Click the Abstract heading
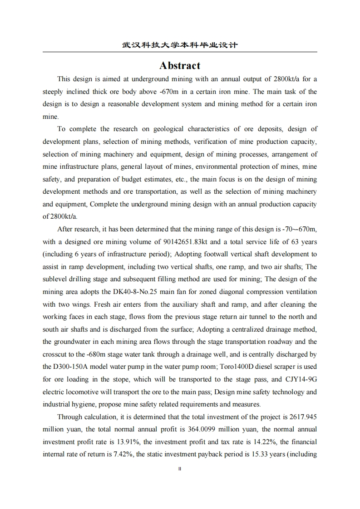tap(180, 66)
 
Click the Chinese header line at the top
tap(180, 45)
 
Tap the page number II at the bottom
tap(180, 469)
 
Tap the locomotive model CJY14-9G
tap(300, 379)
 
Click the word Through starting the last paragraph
tap(70, 417)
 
